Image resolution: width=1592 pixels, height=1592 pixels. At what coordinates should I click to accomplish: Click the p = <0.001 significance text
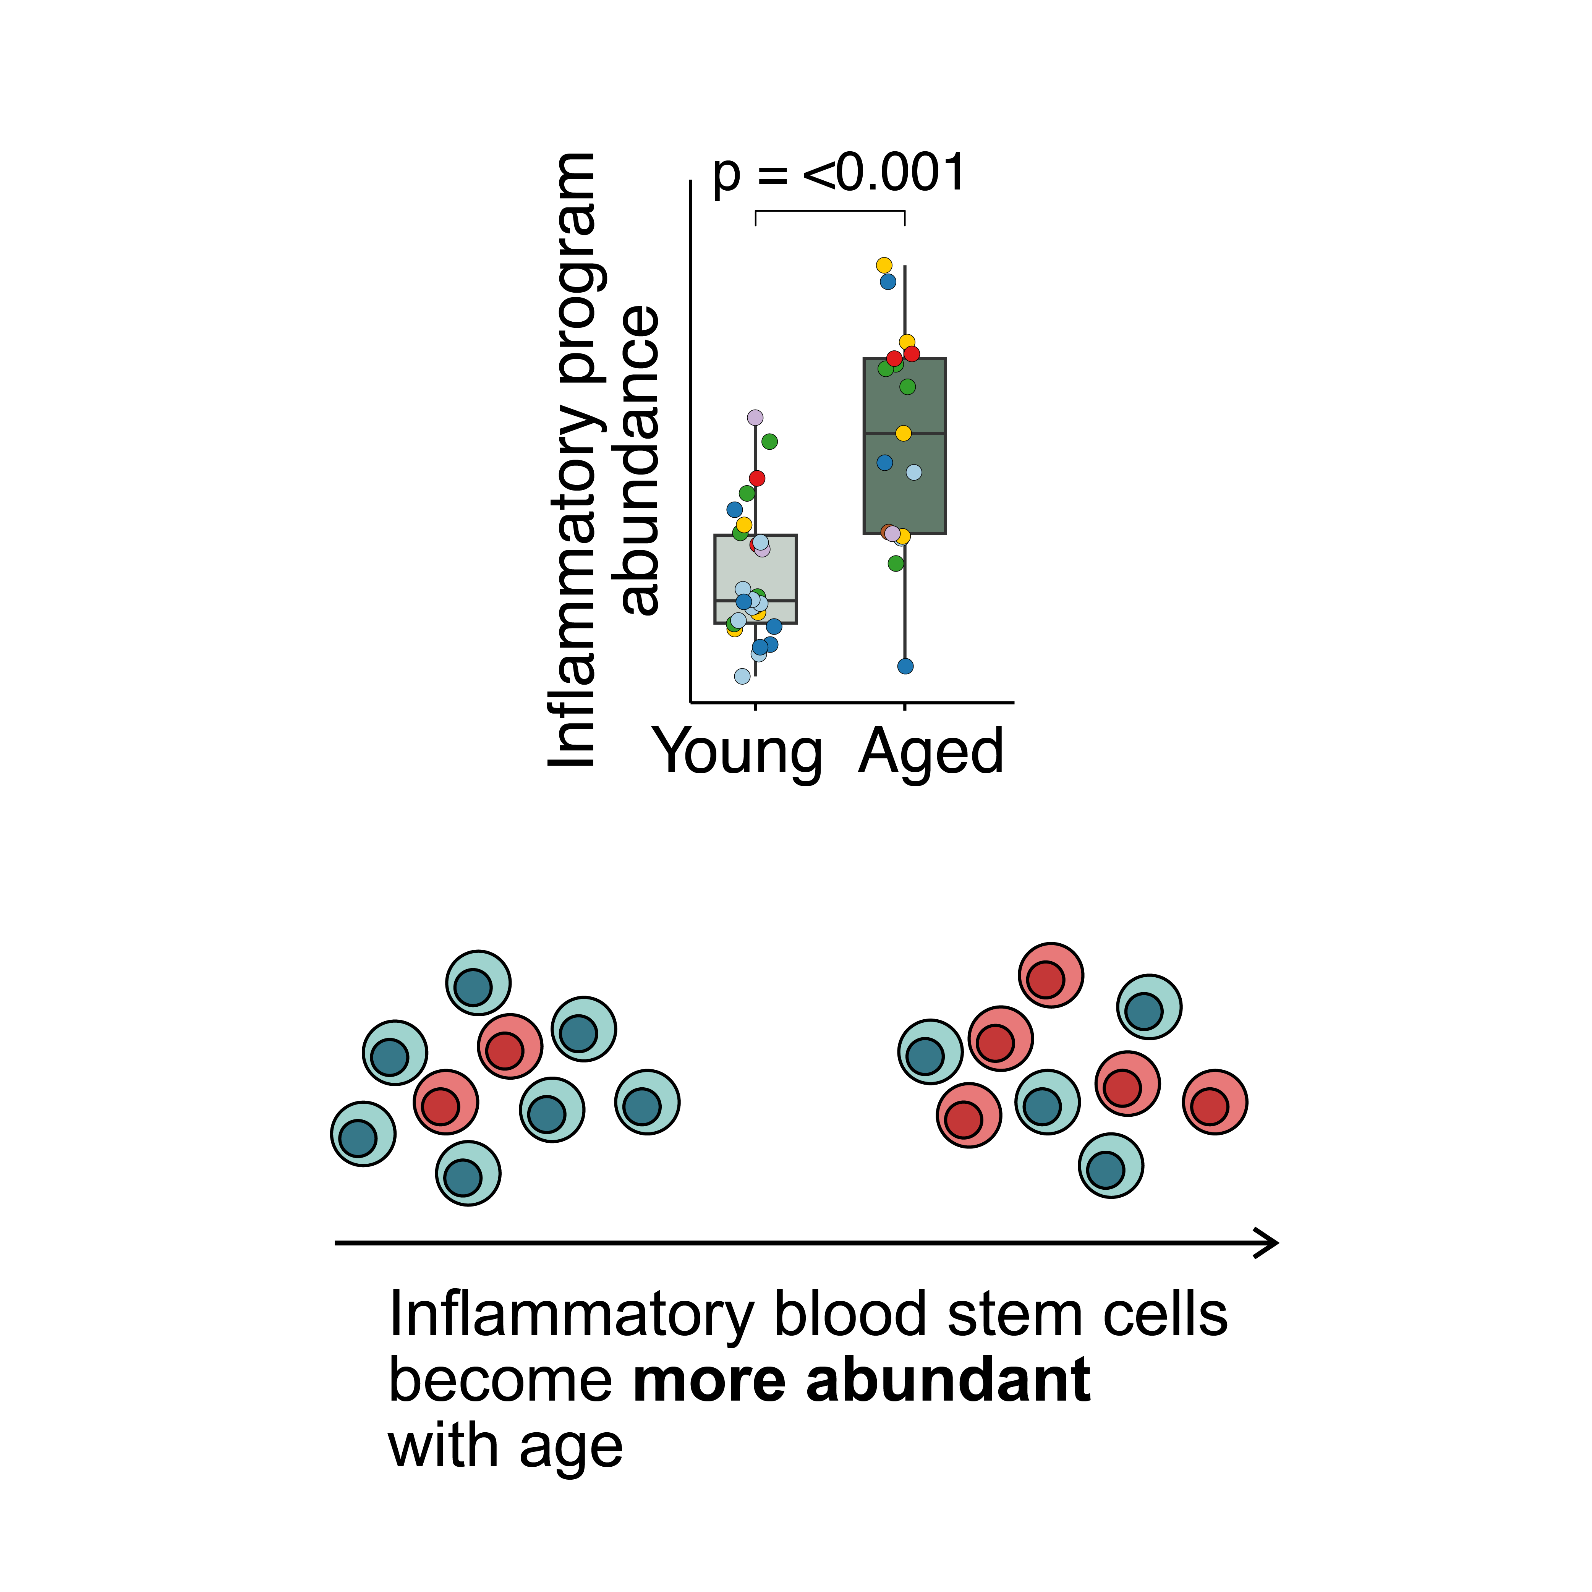point(838,174)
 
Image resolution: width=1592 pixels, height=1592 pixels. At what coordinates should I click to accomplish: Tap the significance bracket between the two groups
point(830,212)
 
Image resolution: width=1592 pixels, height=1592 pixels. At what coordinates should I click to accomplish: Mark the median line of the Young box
point(756,601)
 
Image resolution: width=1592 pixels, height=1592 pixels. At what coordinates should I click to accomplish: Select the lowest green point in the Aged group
point(896,564)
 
